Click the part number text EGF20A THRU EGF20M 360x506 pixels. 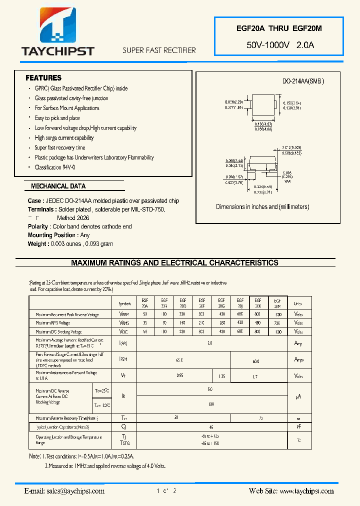tap(279, 29)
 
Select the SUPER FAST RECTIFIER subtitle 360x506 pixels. tap(159, 50)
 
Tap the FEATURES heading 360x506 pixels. tap(43, 78)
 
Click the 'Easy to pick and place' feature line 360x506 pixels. tap(57, 118)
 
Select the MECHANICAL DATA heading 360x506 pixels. tap(58, 186)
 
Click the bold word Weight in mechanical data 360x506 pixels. tap(38, 244)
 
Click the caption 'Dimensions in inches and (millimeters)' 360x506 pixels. tap(262, 207)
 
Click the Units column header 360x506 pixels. tap(298, 303)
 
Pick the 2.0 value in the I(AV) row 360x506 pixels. tap(209, 343)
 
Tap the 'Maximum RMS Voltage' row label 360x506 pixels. tap(53, 323)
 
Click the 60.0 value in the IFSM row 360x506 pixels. tap(256, 360)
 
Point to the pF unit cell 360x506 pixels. tap(298, 426)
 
